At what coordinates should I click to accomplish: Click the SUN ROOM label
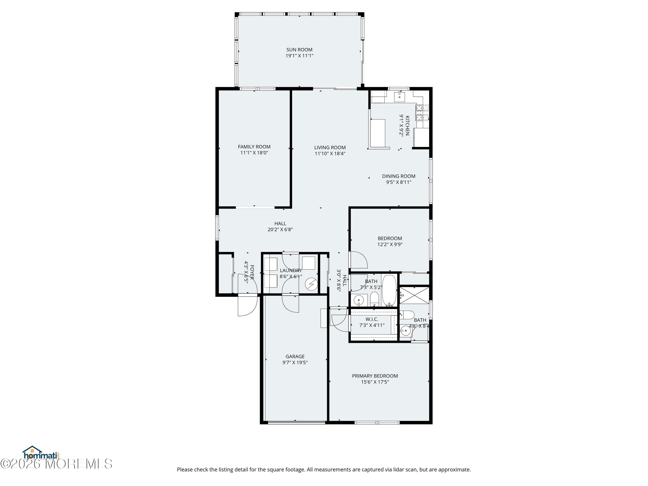coord(299,50)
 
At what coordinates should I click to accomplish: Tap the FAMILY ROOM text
coord(254,147)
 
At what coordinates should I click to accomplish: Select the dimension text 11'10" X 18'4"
coord(330,154)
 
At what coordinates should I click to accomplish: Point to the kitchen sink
coord(399,96)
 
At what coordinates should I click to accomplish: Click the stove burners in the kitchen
coord(422,113)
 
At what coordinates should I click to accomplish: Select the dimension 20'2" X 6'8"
coord(280,230)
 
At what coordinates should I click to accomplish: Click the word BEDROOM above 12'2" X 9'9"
coord(390,238)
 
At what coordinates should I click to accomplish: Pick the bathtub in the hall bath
coord(389,290)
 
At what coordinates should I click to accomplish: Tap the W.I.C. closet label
coord(372,319)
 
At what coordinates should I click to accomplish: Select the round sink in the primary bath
coord(406,331)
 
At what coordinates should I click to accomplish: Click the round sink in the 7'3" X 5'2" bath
coord(359,300)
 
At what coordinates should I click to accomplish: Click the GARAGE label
coord(295,357)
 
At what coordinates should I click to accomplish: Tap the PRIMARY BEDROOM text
coord(375,376)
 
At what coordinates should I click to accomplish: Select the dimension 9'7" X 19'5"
coord(295,363)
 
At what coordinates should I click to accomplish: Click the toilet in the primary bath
coord(407,315)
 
